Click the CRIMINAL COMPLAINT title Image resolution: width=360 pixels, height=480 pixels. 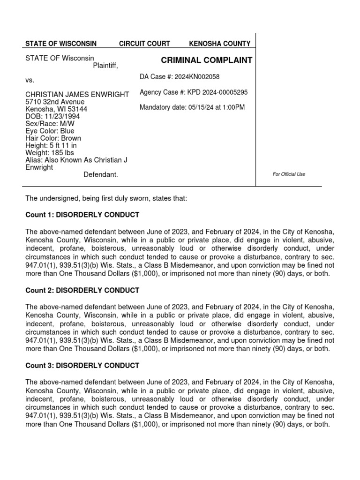207,60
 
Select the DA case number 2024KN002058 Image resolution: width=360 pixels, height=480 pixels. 197,77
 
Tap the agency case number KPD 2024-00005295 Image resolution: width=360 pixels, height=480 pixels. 217,92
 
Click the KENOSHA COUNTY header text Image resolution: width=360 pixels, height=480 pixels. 219,44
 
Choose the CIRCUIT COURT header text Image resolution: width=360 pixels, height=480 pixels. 144,44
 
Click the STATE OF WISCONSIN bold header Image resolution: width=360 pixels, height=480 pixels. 61,44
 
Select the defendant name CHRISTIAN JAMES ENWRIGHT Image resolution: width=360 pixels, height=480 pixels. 77,95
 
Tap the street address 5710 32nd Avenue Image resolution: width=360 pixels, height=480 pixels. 55,102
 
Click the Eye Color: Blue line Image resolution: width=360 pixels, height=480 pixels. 50,131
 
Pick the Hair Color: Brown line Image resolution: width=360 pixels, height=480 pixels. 53,138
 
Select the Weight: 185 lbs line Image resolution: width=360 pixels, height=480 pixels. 49,153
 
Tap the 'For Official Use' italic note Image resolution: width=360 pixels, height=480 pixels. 289,174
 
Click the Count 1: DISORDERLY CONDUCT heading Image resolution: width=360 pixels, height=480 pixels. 82,215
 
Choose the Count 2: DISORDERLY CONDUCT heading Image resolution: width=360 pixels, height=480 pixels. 82,291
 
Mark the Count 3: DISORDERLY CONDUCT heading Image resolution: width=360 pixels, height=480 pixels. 82,366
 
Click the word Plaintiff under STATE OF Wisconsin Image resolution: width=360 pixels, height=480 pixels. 105,66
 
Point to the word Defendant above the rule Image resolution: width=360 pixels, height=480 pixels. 101,174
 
